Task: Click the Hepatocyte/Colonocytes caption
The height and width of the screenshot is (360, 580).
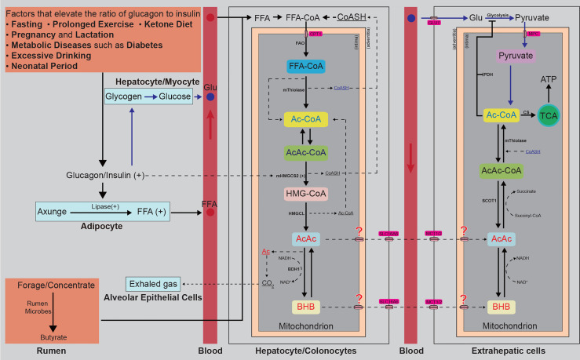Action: pyautogui.click(x=308, y=351)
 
